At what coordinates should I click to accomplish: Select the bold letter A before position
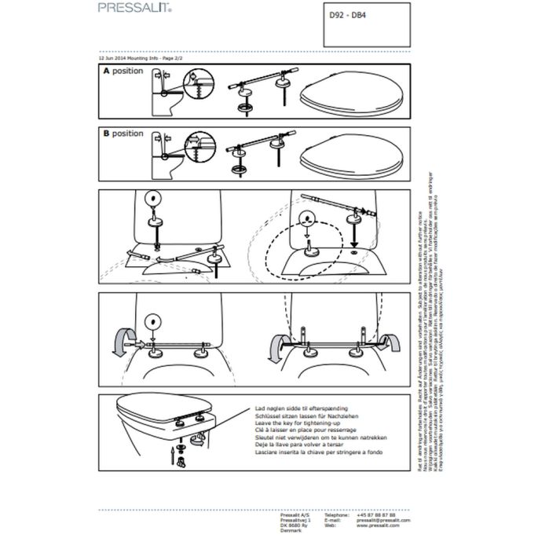click(106, 71)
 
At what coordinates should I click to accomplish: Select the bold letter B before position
click(106, 134)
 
